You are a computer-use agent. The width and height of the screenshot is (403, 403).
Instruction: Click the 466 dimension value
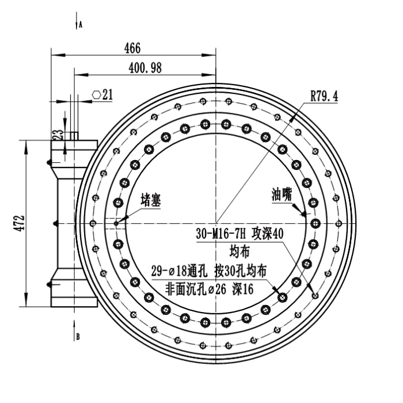[x=132, y=48]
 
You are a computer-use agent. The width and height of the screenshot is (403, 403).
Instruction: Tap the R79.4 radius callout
[x=324, y=96]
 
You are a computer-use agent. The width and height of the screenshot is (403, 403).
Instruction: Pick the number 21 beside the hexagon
[x=107, y=94]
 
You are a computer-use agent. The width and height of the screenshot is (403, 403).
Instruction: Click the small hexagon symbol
[x=96, y=94]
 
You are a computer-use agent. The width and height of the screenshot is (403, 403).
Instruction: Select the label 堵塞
[x=151, y=200]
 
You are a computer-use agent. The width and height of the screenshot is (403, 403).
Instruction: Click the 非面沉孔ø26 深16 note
[x=209, y=290]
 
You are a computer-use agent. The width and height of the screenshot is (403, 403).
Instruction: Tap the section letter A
[x=81, y=25]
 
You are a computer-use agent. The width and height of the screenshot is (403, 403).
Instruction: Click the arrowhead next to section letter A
[x=76, y=24]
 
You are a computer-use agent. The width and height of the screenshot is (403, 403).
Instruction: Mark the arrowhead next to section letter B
[x=76, y=336]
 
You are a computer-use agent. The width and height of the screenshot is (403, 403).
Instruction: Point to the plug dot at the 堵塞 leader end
[x=116, y=223]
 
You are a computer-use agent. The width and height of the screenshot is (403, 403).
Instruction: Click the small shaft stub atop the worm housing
[x=74, y=136]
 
